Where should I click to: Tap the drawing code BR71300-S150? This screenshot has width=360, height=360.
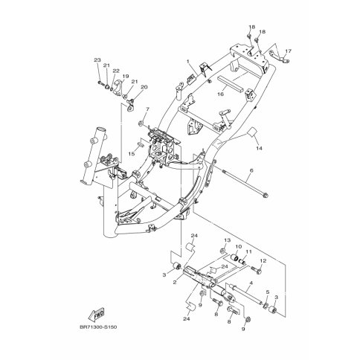coord(98,327)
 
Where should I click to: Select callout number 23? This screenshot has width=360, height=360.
coord(97,60)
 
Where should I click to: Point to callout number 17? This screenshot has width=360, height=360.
coord(288,51)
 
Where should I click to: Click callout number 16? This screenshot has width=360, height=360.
coord(220,94)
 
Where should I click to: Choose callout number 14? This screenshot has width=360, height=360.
coord(259,148)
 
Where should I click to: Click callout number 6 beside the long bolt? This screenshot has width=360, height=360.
coord(251,170)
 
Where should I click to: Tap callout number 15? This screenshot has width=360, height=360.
coord(132,154)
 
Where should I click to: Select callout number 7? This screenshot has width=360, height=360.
coord(147,109)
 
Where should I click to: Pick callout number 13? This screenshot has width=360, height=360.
coord(228,240)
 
